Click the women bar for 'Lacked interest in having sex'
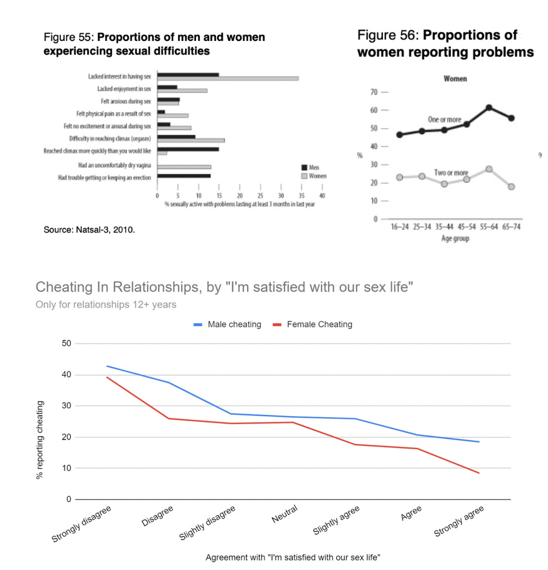228,78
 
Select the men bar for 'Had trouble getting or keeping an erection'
184,176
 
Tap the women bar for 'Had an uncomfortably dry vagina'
184,167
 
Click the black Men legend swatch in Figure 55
304,167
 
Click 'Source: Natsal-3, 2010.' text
90,230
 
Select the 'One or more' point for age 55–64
489,108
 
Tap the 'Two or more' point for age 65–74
512,187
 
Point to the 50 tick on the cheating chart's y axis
66,344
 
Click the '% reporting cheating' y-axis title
40,440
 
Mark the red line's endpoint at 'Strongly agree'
479,473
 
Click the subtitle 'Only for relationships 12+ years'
105,305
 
